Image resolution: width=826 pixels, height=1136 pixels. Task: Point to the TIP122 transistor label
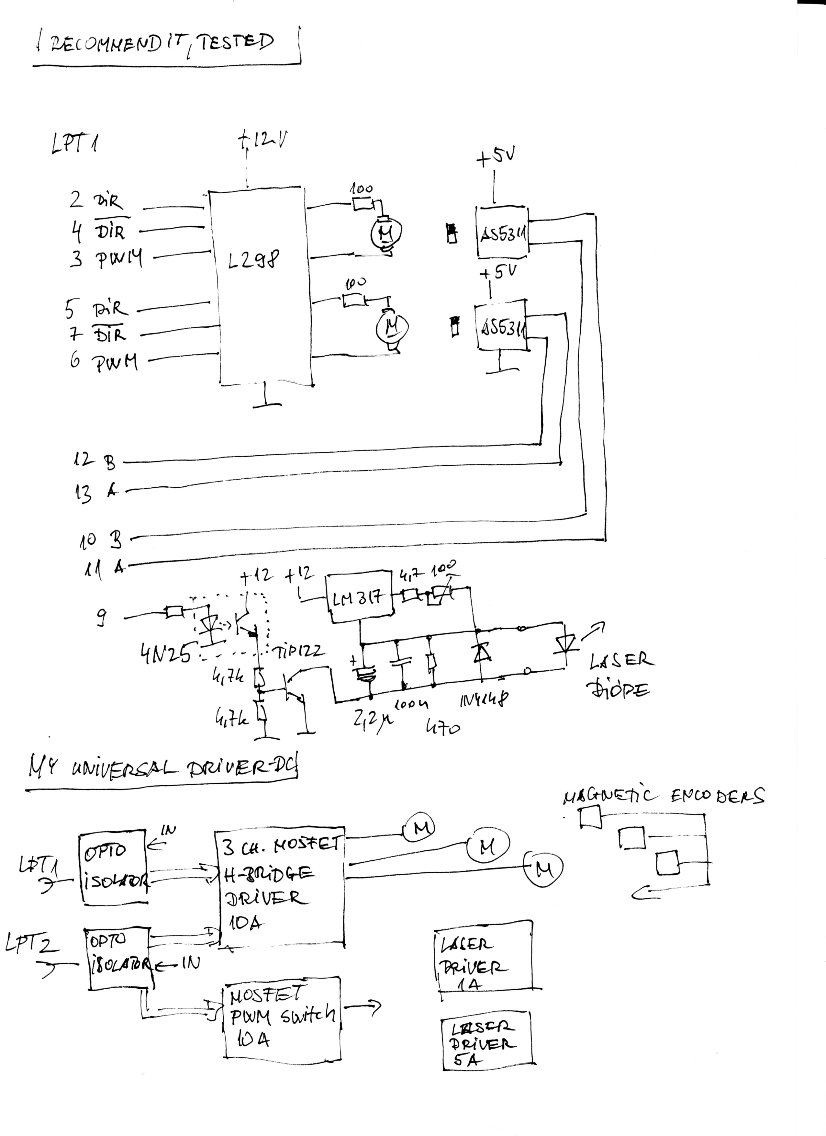(299, 651)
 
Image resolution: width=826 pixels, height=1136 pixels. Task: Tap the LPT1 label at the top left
(74, 144)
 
